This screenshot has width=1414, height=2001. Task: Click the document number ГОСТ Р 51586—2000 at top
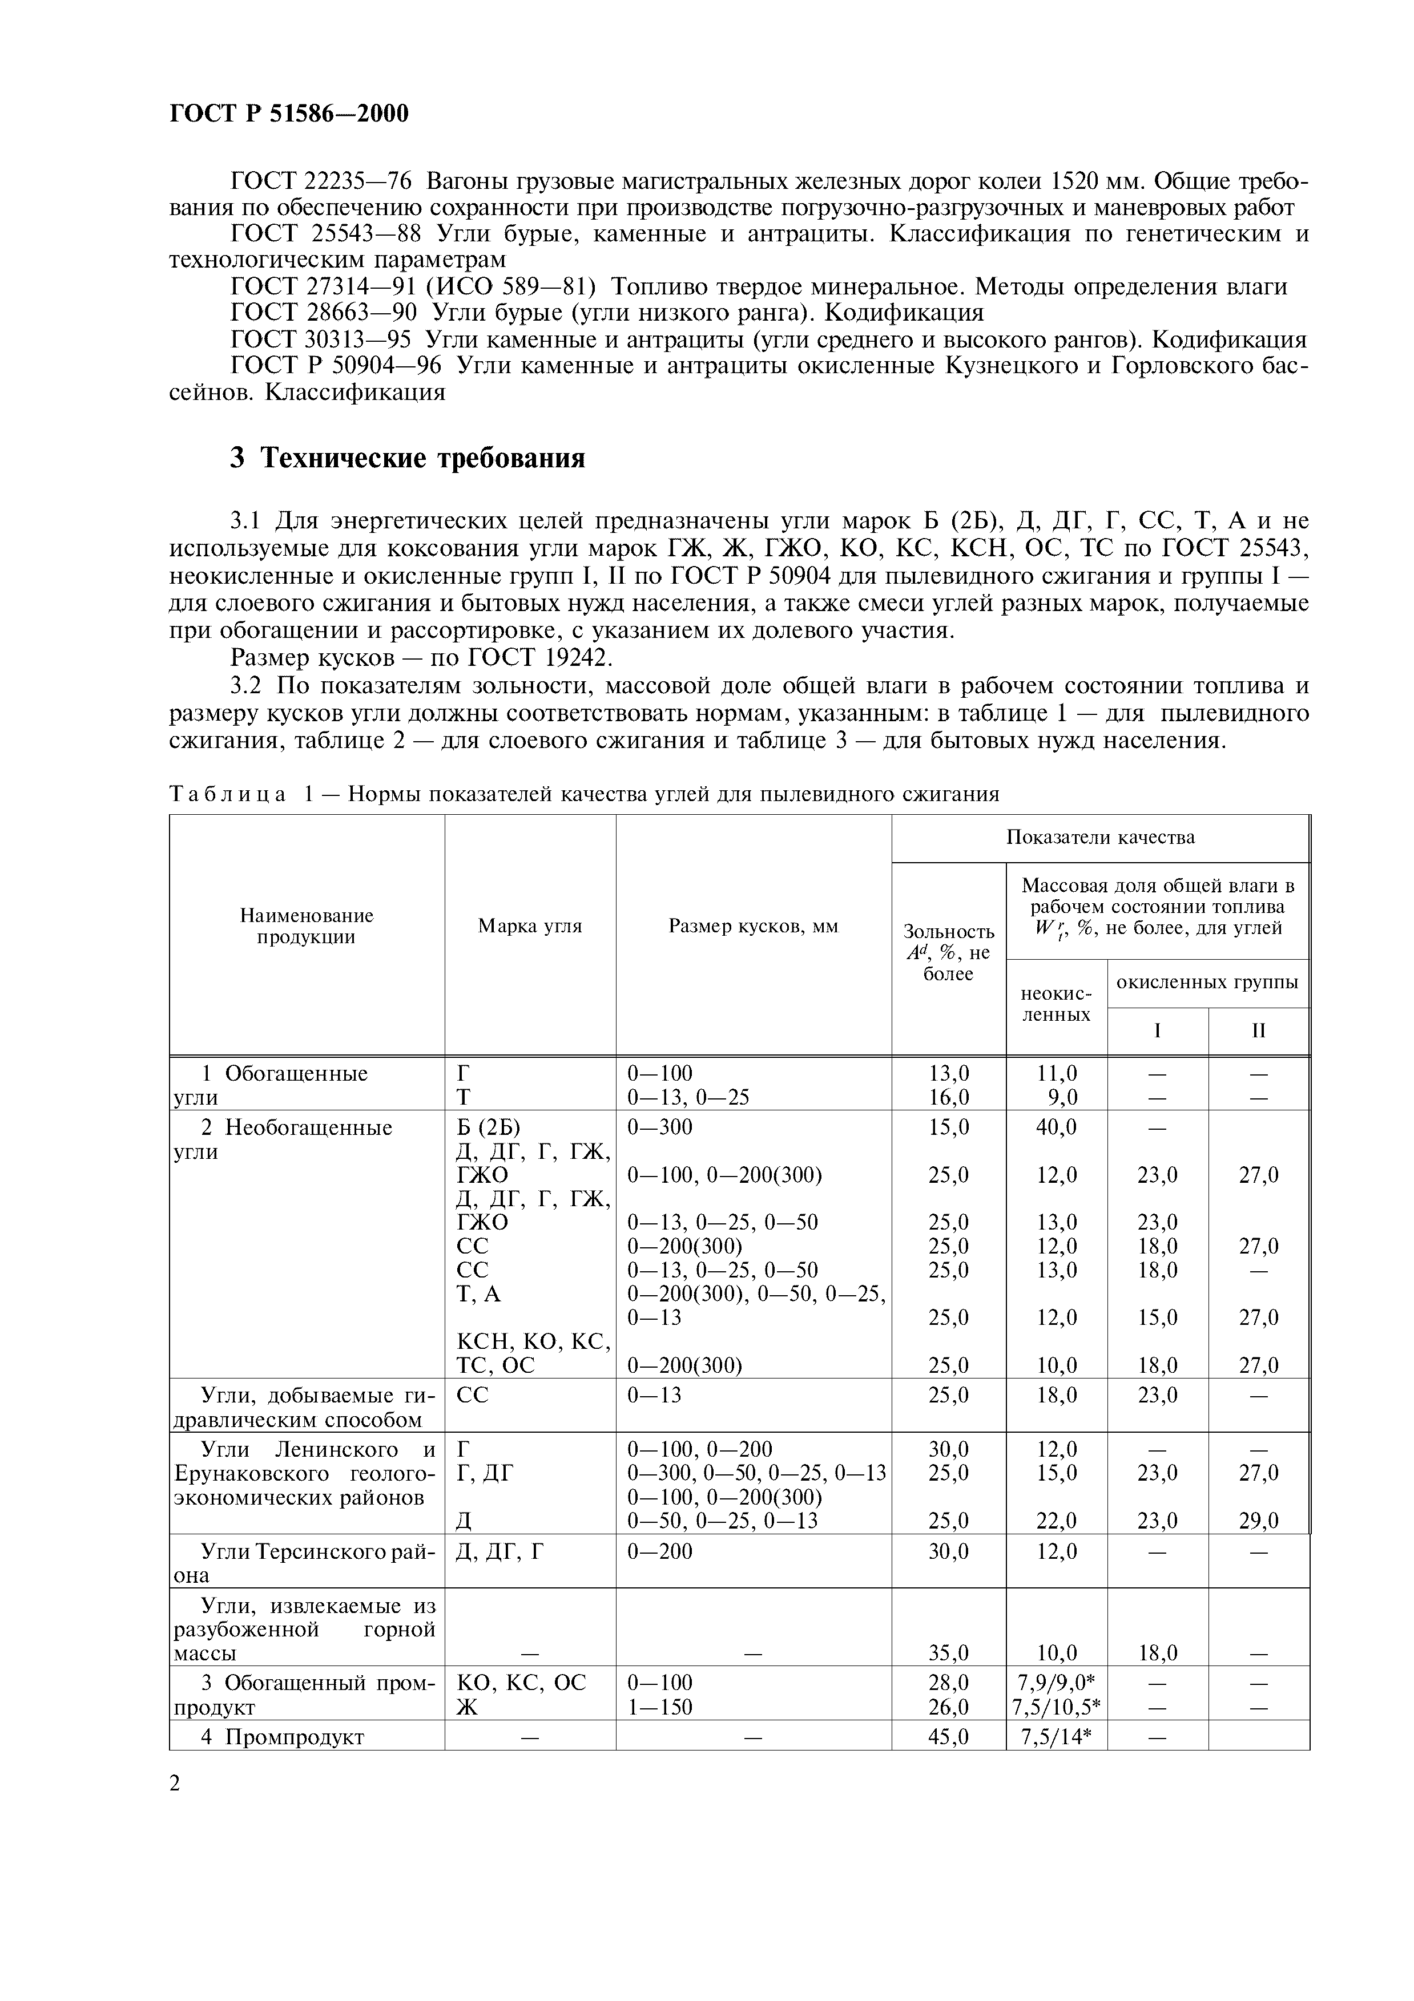click(x=288, y=114)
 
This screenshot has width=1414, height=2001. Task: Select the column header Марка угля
click(x=529, y=927)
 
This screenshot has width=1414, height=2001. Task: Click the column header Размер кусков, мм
click(x=752, y=927)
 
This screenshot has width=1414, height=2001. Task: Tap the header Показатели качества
click(x=1100, y=838)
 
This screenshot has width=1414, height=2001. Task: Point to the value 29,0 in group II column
click(x=1259, y=1521)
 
